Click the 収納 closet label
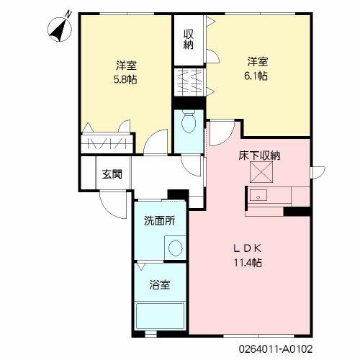188,39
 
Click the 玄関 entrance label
111,174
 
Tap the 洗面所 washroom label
158,221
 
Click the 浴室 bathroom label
160,284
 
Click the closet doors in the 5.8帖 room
107,142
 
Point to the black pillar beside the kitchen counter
297,211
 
